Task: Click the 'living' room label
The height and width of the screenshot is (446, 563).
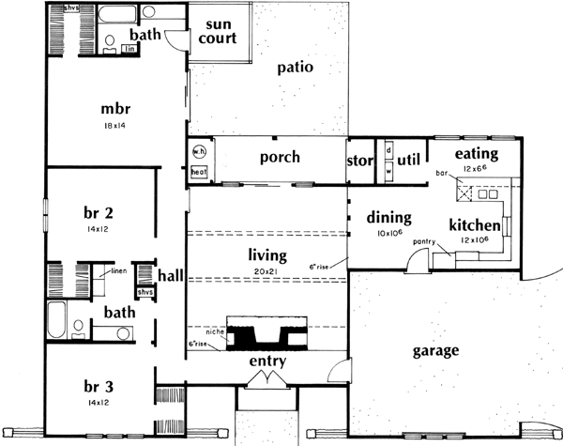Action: pyautogui.click(x=266, y=254)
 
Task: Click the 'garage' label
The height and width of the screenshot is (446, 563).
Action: pyautogui.click(x=436, y=351)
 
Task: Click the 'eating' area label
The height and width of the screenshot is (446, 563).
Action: pyautogui.click(x=476, y=153)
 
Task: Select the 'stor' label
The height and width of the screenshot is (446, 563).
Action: pyautogui.click(x=361, y=160)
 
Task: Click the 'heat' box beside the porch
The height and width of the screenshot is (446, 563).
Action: pyautogui.click(x=199, y=172)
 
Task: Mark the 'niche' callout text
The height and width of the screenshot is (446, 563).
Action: pyautogui.click(x=216, y=332)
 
